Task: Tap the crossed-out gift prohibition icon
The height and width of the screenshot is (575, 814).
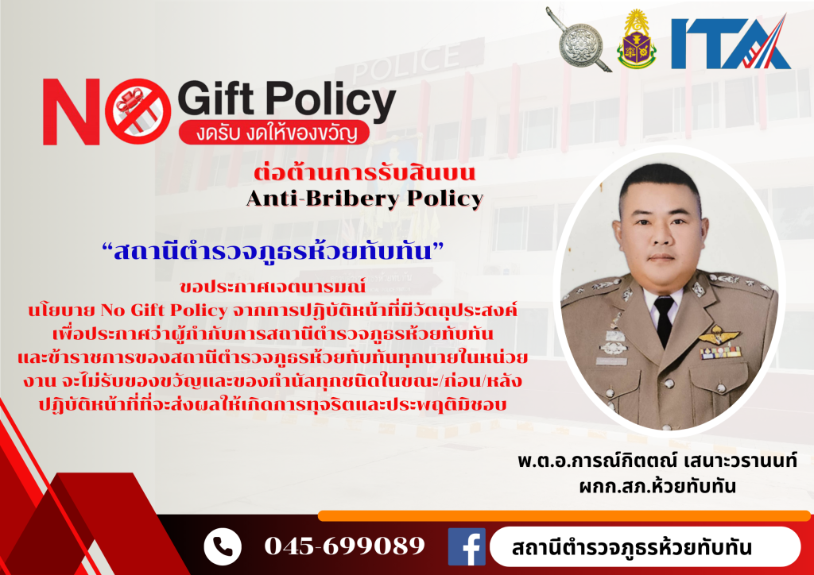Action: (138, 111)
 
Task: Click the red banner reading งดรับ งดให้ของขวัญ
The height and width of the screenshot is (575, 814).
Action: (273, 133)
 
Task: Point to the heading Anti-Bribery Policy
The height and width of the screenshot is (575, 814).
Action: (365, 198)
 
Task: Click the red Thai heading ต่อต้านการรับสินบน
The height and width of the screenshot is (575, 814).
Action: (364, 172)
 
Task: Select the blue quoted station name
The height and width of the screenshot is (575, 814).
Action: (273, 252)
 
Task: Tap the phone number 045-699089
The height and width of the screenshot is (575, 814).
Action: (344, 546)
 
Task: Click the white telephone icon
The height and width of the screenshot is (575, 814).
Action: (223, 546)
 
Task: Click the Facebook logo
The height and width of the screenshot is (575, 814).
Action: (467, 546)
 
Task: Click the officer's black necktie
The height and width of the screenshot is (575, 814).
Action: (664, 320)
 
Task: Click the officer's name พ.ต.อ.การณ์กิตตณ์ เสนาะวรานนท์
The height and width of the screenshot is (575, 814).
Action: (657, 461)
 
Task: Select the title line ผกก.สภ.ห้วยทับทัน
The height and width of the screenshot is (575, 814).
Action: (657, 486)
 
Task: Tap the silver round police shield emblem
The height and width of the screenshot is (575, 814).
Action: (579, 45)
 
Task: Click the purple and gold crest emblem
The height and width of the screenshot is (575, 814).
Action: (637, 40)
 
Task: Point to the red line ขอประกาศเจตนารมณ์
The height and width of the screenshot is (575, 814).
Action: (273, 286)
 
